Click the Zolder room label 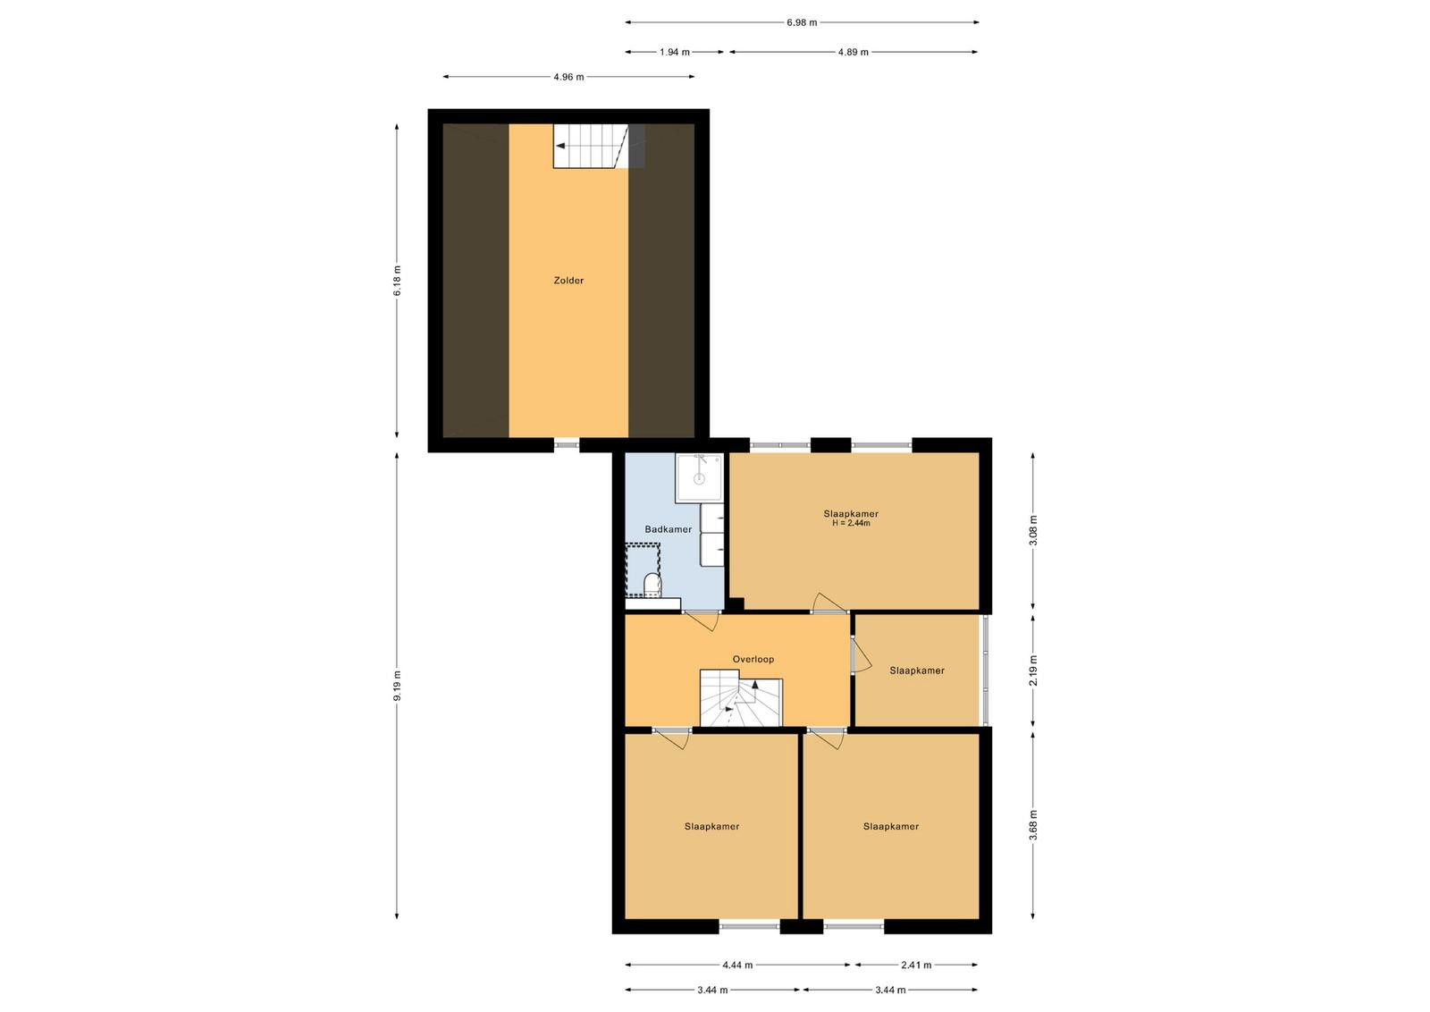[568, 281]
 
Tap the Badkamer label [668, 529]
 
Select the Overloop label [753, 659]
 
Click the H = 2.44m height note [851, 523]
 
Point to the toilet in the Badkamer [652, 585]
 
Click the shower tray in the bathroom [700, 478]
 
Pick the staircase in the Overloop [741, 698]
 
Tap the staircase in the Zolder [591, 147]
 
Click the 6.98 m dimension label [802, 22]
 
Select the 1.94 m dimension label [675, 52]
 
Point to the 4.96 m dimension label [568, 77]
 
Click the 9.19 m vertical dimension [397, 685]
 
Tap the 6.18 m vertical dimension [397, 281]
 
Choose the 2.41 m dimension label [916, 965]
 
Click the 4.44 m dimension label [737, 965]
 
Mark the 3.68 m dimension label [1033, 825]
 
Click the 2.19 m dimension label [1033, 670]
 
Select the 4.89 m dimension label [853, 52]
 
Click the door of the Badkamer [702, 620]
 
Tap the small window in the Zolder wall [567, 445]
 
